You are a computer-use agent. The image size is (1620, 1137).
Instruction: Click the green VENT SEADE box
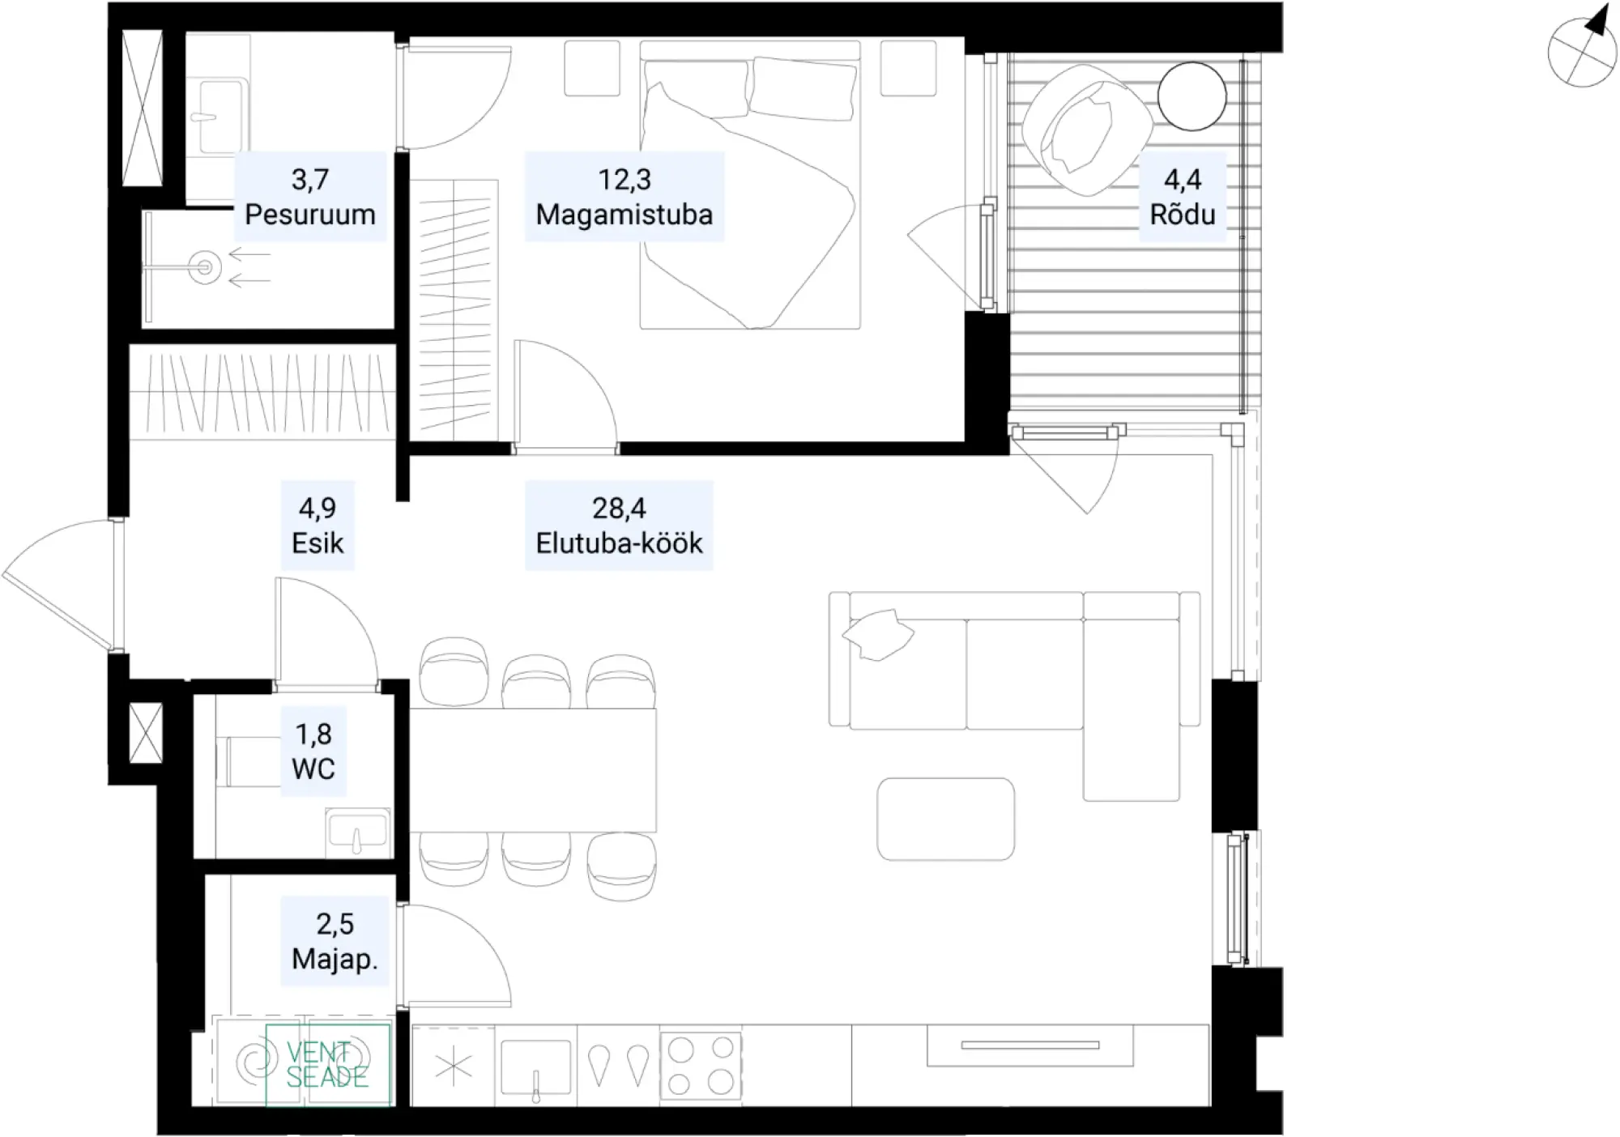[327, 1065]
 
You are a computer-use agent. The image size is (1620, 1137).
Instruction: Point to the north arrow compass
[1583, 49]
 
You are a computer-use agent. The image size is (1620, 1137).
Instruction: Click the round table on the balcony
[1192, 96]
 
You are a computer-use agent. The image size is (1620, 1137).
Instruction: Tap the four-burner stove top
[701, 1066]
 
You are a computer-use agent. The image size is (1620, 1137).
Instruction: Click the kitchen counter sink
[535, 1067]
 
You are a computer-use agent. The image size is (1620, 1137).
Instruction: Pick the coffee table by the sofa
[945, 819]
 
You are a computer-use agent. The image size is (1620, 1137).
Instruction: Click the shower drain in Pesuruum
[205, 266]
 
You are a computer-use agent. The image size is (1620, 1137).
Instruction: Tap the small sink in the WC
[357, 832]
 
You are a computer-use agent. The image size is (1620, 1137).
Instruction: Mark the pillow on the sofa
[878, 635]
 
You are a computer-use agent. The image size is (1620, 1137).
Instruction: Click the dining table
[532, 770]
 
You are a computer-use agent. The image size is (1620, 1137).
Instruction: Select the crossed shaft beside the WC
[146, 733]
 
